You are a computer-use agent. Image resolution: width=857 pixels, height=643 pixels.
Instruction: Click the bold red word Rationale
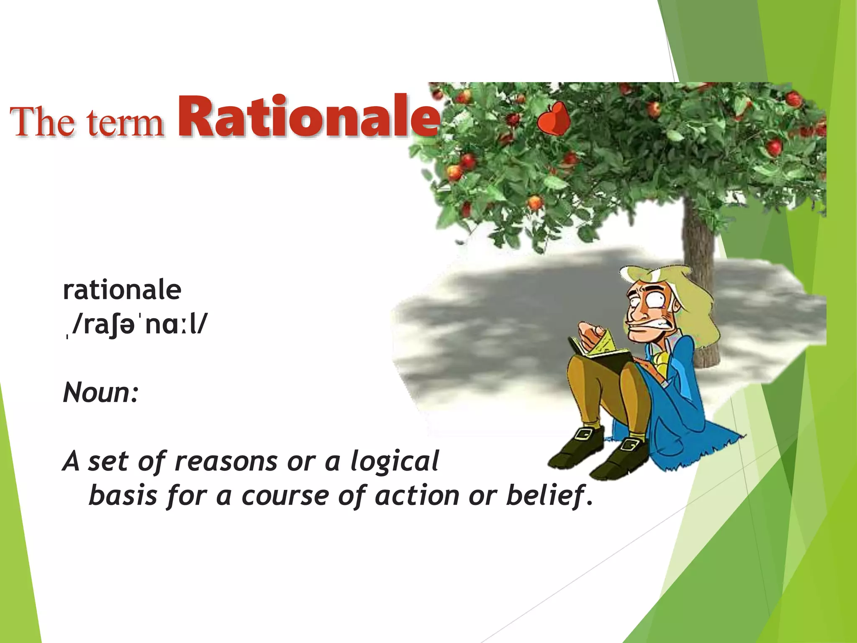point(309,117)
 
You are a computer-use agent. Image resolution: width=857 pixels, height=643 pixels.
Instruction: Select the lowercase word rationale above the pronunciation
point(122,291)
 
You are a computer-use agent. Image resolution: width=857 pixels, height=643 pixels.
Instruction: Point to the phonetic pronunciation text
point(138,325)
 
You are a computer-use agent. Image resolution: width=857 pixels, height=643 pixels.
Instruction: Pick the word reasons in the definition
point(226,462)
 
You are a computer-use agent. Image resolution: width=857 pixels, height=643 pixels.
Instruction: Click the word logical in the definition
point(395,462)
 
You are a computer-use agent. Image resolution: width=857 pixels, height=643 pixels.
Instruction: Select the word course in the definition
point(285,496)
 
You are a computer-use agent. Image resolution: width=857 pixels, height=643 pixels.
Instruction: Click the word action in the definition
point(417,496)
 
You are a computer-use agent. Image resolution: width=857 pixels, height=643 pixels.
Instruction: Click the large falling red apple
point(553,119)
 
